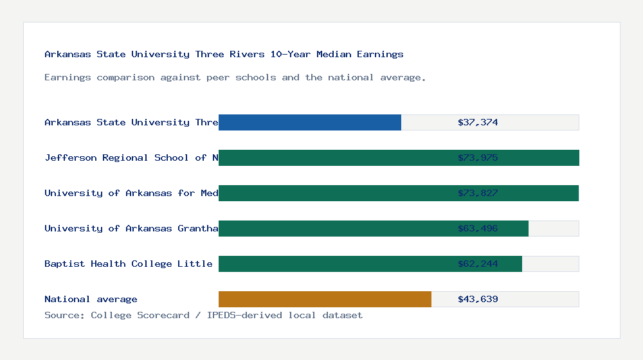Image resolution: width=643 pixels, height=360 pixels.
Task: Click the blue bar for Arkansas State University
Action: [x=310, y=122]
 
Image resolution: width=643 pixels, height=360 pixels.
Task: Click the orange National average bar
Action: [x=325, y=299]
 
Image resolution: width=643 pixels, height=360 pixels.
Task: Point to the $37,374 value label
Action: [x=478, y=122]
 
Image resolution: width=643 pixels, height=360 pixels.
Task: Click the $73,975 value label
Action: [x=478, y=157]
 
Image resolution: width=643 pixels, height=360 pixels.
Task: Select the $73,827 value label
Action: [x=478, y=193]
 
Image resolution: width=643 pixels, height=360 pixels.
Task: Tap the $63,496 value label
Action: [x=478, y=228]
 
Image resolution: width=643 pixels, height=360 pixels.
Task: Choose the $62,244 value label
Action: [x=478, y=264]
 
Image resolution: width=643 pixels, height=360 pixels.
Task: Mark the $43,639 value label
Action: [x=478, y=299]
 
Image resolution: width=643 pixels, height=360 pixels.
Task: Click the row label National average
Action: [x=91, y=299]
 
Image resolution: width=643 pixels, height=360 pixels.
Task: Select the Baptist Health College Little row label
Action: [x=129, y=264]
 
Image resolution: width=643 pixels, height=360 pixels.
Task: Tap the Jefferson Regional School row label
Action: [x=131, y=157]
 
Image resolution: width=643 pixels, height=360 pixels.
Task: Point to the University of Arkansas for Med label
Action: [x=131, y=193]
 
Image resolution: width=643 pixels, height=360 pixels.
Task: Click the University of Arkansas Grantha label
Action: [x=131, y=228]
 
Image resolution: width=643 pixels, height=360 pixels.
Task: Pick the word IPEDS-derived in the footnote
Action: [x=242, y=315]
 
